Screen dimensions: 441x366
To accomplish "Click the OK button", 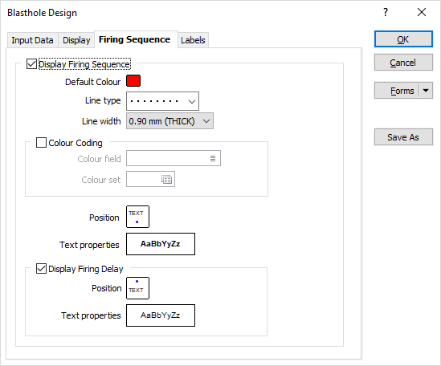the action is point(403,39).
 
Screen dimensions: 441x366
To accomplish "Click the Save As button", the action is point(403,137).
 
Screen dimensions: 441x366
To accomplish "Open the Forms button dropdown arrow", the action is point(426,91).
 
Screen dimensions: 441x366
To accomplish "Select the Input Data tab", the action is point(32,40).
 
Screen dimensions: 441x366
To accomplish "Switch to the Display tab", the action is point(76,40).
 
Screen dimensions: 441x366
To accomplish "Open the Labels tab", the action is point(193,40).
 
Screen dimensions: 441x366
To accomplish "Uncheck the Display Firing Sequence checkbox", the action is point(31,64).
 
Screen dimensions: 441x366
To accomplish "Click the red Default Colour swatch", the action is point(133,81).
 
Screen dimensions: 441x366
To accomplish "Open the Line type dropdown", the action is point(162,101).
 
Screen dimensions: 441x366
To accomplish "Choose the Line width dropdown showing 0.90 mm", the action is point(169,121).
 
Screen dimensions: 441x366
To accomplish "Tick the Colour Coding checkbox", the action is point(41,143).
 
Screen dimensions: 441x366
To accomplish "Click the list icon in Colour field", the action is point(213,159).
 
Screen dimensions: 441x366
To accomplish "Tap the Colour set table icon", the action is point(166,179).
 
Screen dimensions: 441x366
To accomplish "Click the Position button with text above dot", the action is point(138,217).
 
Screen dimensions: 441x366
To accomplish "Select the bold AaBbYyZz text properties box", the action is point(161,244).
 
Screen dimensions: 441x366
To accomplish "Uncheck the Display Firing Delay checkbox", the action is point(41,268).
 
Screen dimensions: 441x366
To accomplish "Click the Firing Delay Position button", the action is point(138,288).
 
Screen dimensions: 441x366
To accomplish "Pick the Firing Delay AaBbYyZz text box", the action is point(161,315).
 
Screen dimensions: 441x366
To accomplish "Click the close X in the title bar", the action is point(422,12).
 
